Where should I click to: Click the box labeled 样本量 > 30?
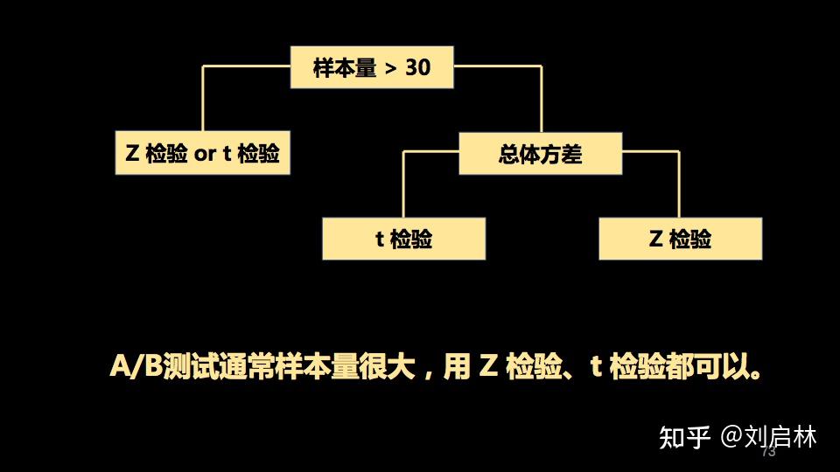point(372,67)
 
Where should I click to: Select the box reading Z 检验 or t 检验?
point(202,153)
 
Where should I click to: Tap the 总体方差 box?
point(540,154)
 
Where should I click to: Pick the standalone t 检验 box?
point(403,239)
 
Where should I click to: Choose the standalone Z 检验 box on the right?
point(680,239)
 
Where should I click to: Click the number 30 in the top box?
point(418,67)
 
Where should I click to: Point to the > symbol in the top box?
point(393,68)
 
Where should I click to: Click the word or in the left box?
point(205,154)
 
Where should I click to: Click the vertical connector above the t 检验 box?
point(403,184)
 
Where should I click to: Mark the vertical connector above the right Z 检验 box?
point(679,184)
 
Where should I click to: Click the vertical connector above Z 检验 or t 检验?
point(202,98)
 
